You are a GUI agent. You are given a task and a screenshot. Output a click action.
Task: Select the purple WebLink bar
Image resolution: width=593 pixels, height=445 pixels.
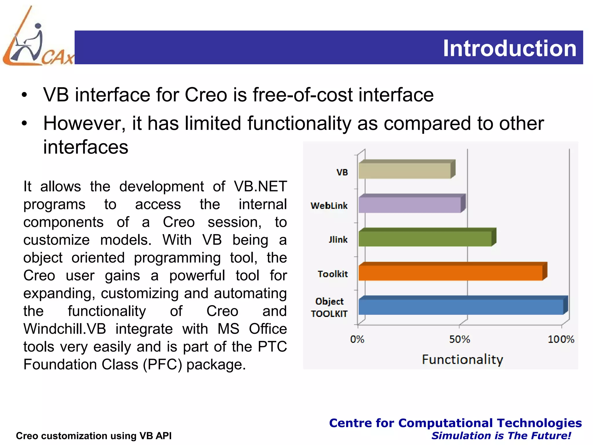click(410, 205)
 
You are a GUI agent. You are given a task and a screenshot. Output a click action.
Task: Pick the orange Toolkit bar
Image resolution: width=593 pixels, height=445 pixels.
click(450, 273)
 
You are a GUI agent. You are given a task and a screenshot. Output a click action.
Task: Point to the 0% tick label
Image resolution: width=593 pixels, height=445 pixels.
click(357, 339)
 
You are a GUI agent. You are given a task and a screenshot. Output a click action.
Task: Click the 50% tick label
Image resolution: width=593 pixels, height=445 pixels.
click(460, 339)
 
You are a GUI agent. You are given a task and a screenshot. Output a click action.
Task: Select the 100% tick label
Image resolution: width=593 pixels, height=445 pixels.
click(561, 339)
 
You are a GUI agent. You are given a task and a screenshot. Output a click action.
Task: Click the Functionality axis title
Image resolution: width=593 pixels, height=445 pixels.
click(462, 360)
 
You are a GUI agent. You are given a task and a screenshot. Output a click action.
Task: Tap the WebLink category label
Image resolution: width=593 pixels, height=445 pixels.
click(329, 206)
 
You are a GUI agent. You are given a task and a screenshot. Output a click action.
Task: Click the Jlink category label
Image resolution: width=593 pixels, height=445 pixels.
click(338, 240)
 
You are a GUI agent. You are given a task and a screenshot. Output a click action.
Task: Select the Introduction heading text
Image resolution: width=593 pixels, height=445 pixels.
click(510, 48)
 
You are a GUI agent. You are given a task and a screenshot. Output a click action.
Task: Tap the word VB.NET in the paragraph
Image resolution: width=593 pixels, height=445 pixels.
click(260, 186)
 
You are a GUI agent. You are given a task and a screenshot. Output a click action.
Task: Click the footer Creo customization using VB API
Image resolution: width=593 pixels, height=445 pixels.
click(94, 436)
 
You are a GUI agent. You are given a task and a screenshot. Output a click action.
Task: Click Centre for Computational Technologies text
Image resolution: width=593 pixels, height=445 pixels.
click(455, 423)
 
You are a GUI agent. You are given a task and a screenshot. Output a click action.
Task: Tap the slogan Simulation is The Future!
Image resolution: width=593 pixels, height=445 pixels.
click(501, 436)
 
